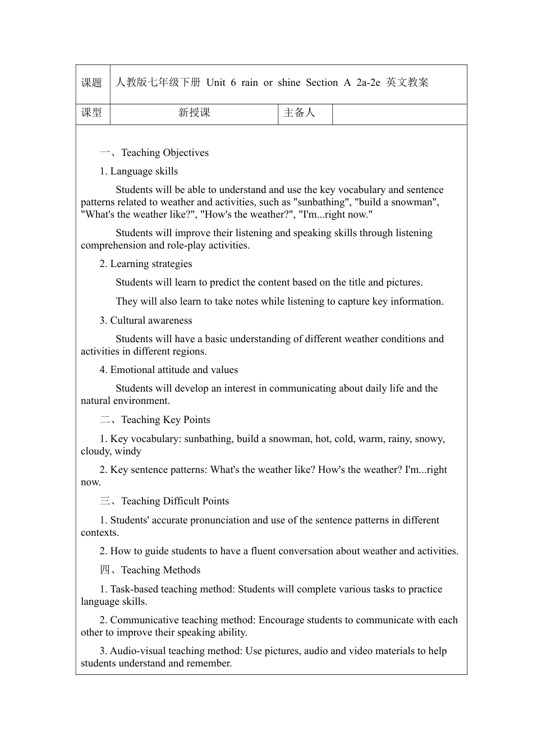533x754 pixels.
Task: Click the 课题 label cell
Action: [x=92, y=83]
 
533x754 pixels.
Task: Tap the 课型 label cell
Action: [x=92, y=113]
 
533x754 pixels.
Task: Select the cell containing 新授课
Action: [x=194, y=113]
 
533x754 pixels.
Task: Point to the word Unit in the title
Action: [x=215, y=82]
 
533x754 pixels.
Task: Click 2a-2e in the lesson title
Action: [x=368, y=82]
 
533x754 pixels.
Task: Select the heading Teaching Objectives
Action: [x=164, y=153]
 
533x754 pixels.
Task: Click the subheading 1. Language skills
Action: [x=139, y=171]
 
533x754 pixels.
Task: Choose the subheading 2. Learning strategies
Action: [x=146, y=264]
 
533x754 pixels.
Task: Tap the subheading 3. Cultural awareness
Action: [x=146, y=320]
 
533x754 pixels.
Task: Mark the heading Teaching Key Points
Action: [x=166, y=420]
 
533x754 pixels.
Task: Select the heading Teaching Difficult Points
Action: [x=174, y=501]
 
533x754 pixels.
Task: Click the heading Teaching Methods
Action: [x=160, y=570]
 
